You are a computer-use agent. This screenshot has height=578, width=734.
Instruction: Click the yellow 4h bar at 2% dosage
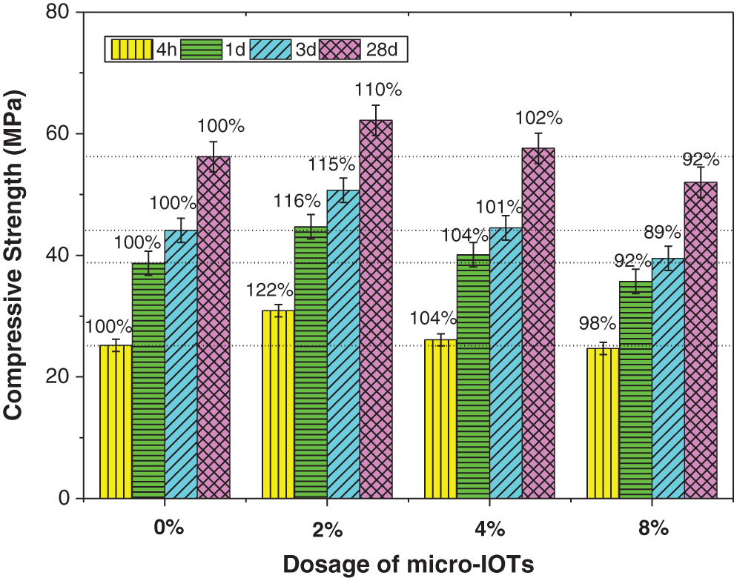point(278,404)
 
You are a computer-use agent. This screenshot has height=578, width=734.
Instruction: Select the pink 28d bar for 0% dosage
point(213,327)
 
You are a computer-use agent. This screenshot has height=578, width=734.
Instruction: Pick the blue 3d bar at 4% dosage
point(505,362)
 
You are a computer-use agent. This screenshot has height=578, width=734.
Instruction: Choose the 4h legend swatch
point(131,50)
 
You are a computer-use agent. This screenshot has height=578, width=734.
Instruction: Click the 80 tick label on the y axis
point(59,13)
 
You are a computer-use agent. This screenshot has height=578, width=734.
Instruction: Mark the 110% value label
point(378,90)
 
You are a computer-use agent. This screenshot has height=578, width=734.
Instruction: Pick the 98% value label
point(598,323)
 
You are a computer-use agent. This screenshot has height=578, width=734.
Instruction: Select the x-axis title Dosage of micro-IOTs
point(408,564)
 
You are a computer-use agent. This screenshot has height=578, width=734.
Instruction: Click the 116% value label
point(297,200)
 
